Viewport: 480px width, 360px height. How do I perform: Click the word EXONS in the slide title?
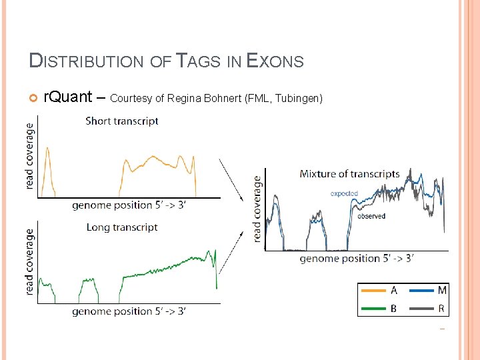point(275,61)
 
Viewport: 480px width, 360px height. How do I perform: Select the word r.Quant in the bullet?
point(67,97)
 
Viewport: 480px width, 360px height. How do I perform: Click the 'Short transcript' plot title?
point(122,121)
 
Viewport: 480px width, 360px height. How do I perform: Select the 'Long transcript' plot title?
point(122,227)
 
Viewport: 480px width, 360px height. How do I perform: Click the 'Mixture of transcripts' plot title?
point(349,174)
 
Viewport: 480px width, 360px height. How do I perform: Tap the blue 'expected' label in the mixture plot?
point(344,193)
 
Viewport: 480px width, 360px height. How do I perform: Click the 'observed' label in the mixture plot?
point(371,216)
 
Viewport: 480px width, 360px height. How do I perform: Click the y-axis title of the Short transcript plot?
point(30,156)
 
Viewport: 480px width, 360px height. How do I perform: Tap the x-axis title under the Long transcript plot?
point(129,311)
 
